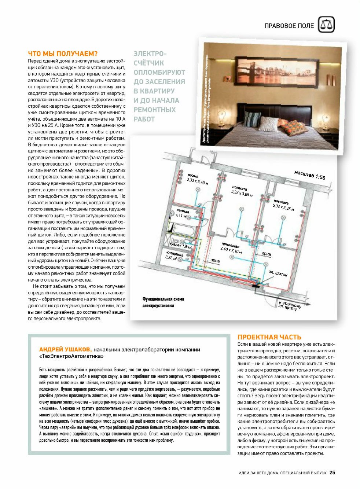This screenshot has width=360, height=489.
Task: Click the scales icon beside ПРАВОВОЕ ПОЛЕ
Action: pyautogui.click(x=326, y=25)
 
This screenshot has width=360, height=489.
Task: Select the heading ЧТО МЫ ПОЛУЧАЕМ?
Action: pyautogui.click(x=63, y=54)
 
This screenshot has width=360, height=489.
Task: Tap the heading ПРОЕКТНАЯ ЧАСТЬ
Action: pyautogui.click(x=269, y=337)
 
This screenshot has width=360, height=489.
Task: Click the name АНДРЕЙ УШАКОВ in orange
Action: pyautogui.click(x=65, y=349)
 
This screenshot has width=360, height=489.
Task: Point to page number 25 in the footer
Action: pyautogui.click(x=332, y=473)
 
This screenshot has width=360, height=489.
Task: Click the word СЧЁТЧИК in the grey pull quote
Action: pyautogui.click(x=148, y=63)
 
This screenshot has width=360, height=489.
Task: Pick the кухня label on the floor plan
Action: pyautogui.click(x=193, y=176)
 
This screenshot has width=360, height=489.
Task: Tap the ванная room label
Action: pyautogui.click(x=183, y=211)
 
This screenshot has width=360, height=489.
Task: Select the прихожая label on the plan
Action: pyautogui.click(x=230, y=245)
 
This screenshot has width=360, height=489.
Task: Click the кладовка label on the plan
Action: pyautogui.click(x=175, y=254)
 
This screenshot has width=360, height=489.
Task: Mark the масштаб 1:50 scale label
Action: pyautogui.click(x=309, y=175)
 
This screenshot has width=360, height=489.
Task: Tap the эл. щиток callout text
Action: pyautogui.click(x=278, y=273)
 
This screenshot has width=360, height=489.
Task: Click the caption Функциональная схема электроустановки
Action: pyautogui.click(x=163, y=302)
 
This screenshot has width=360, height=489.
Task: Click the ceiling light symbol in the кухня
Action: pyautogui.click(x=198, y=190)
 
